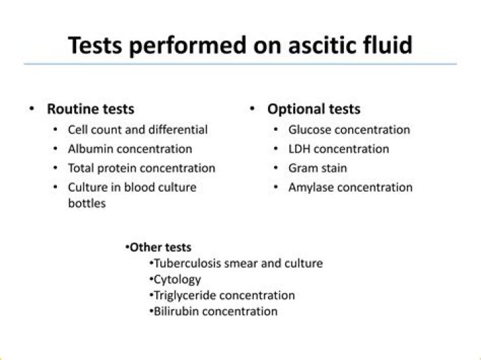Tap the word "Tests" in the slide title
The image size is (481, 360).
[x=95, y=45]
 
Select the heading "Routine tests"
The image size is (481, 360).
[x=90, y=109]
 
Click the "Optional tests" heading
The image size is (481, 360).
[x=314, y=109]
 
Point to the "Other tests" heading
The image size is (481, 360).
[x=160, y=247]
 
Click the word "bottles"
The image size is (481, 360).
[x=87, y=203]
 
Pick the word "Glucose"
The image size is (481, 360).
[x=310, y=130]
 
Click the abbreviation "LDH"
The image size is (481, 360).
[x=299, y=149]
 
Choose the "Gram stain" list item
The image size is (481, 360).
[x=317, y=168]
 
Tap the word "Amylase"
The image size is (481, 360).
[x=311, y=188]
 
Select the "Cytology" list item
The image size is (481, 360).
[x=177, y=280]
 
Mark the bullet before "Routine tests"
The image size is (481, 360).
[x=31, y=108]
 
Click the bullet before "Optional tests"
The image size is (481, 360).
[x=252, y=108]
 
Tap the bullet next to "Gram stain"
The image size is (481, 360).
[x=276, y=168]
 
